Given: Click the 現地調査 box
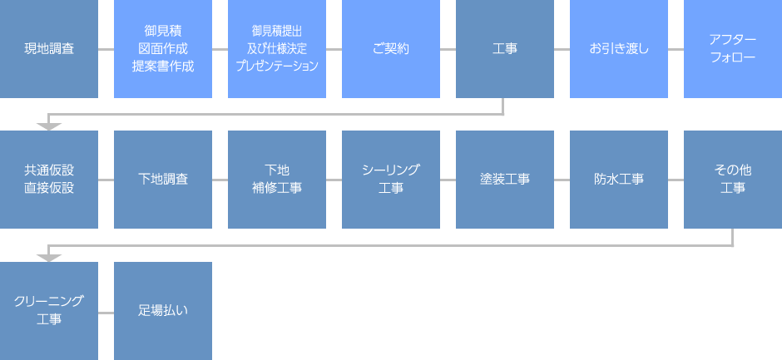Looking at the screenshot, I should (49, 49).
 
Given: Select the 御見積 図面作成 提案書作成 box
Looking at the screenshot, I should (163, 49).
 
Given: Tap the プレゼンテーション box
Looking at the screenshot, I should (277, 49).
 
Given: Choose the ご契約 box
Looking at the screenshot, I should (391, 49).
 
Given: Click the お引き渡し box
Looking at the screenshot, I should (619, 49).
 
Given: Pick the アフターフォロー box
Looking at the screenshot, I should (733, 49).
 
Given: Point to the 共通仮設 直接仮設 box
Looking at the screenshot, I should (49, 179).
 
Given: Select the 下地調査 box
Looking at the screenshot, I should (163, 179).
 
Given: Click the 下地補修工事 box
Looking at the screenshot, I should (277, 179).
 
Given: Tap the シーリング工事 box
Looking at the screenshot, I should (391, 179).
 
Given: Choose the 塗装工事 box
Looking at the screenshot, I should (505, 179).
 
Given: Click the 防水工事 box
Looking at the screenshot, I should (619, 179).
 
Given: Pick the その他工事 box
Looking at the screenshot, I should (733, 179).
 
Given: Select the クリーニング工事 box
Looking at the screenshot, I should (49, 310).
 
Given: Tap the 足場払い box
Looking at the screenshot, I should (163, 310).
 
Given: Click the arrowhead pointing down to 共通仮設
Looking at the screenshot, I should (49, 126).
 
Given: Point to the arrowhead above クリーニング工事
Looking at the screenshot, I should (49, 257).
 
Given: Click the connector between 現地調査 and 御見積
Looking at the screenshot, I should (106, 49).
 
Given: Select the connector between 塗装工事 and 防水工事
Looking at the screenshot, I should (562, 179).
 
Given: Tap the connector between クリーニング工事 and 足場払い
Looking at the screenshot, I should (106, 311).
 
